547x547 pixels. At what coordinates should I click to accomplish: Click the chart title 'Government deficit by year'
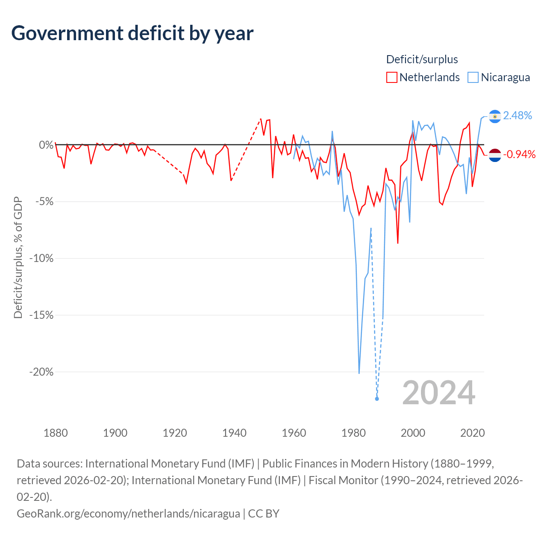coord(132,33)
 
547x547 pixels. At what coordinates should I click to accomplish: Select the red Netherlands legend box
coord(391,77)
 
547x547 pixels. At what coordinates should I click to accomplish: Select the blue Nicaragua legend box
coord(473,77)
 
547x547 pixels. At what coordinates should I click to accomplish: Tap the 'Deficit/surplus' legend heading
coord(422,59)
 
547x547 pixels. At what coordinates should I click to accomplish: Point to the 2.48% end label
coord(517,115)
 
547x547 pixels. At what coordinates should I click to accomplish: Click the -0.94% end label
coord(519,154)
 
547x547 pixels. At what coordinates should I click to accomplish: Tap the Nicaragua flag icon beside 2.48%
coord(495,116)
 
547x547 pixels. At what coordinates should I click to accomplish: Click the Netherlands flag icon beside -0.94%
coord(495,155)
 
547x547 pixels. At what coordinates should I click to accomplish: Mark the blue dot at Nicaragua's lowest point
coord(376,399)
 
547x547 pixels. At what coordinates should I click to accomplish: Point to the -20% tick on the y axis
coord(41,372)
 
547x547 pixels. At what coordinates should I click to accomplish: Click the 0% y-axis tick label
coord(46,145)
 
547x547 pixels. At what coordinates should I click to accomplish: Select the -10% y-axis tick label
coord(41,258)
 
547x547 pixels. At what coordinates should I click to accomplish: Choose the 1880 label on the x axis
coord(56,433)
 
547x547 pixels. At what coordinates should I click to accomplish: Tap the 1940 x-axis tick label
coord(234,433)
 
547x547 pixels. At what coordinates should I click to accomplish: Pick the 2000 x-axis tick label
coord(413,433)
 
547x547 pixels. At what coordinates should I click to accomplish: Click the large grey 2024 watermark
coord(438,393)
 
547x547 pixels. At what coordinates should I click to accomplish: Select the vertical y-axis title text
coord(18,258)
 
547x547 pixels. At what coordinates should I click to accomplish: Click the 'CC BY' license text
coord(264,514)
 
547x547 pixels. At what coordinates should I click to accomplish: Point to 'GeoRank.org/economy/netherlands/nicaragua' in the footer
coord(128,514)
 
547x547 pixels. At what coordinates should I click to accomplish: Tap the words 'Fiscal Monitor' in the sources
coord(343,481)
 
